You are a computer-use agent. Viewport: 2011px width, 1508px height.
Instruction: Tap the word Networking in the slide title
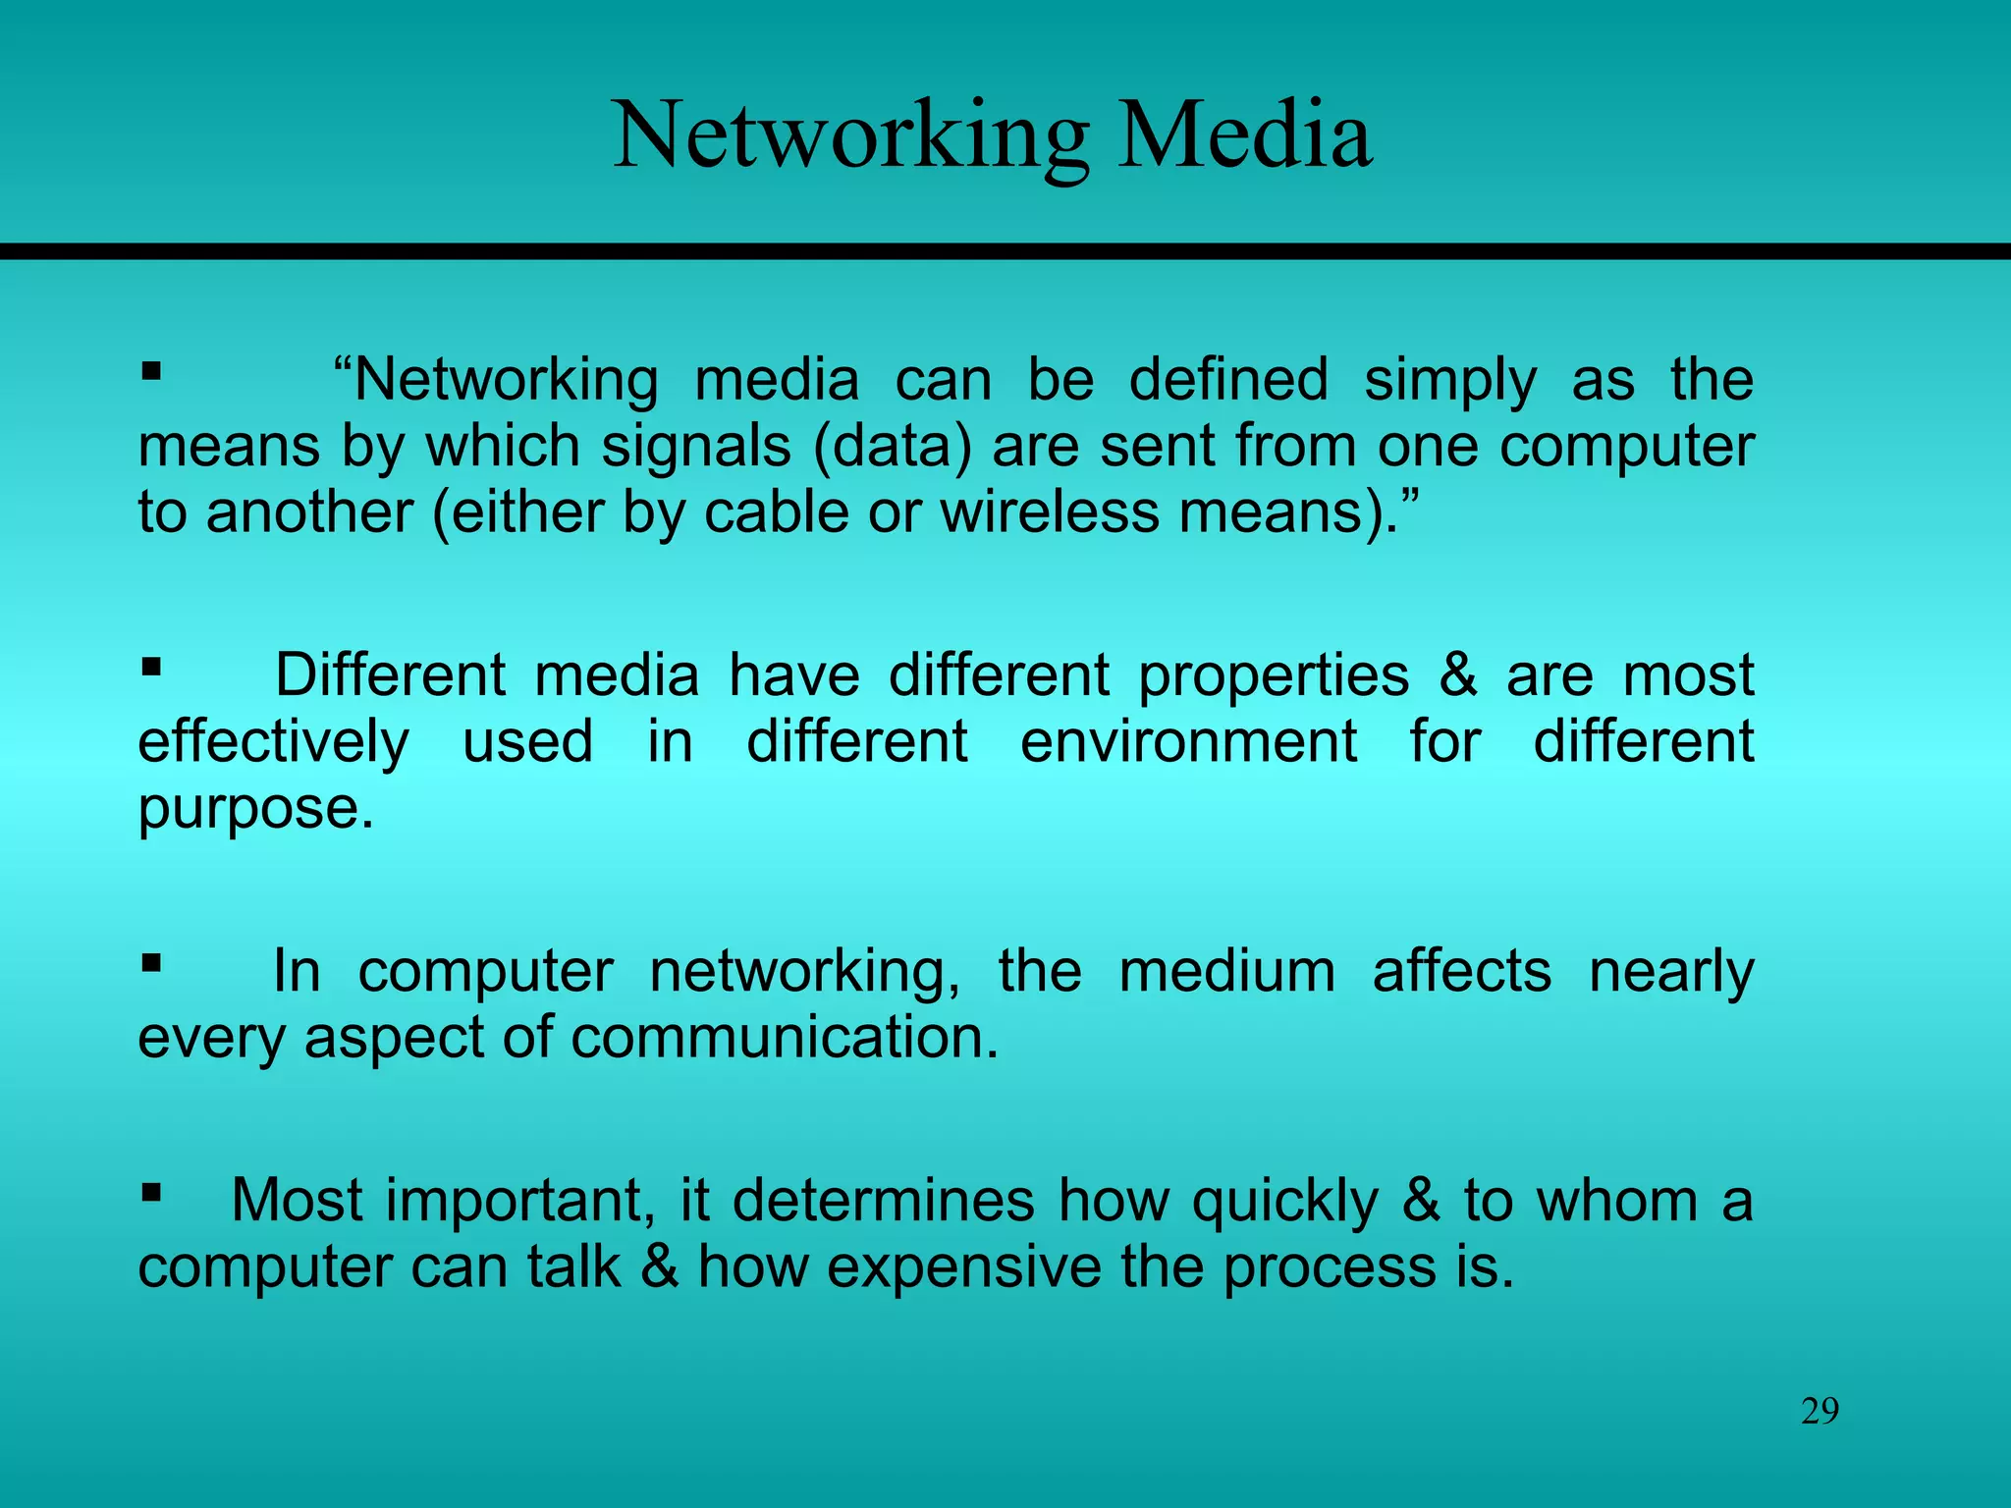coord(850,137)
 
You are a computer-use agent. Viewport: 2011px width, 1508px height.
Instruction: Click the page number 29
coord(1820,1412)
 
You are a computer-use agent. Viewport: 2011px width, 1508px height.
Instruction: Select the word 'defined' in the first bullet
coord(1228,380)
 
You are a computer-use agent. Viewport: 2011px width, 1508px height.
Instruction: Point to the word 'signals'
coord(695,447)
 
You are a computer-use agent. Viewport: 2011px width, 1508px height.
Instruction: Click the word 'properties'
coord(1274,676)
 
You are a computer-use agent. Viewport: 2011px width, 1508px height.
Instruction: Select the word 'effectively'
coord(273,741)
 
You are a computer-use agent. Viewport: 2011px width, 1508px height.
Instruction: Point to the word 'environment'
coord(1189,741)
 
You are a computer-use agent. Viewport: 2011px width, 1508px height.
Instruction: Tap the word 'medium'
coord(1226,972)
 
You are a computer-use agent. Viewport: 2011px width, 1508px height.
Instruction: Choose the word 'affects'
coord(1462,972)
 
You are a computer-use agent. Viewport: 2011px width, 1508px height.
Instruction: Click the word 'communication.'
coord(785,1038)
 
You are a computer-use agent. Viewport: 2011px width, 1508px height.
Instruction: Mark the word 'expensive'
coord(964,1266)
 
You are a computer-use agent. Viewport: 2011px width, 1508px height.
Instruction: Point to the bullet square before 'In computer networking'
coord(150,963)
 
